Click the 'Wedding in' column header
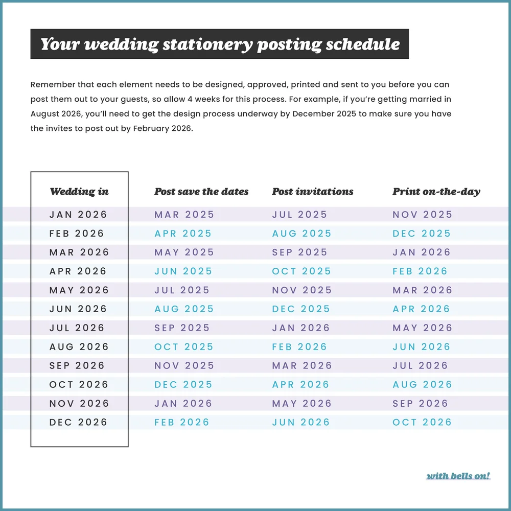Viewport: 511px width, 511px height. click(x=79, y=192)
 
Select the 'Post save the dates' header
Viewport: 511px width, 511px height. click(x=201, y=192)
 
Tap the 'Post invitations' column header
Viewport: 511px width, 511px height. click(x=313, y=192)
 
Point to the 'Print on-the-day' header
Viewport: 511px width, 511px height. click(x=436, y=192)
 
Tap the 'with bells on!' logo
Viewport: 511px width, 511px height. click(x=458, y=476)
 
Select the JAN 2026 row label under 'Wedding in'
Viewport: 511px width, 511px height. click(x=79, y=215)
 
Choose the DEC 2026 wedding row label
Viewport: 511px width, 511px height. click(x=79, y=423)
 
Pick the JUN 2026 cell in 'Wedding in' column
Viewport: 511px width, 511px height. click(x=79, y=309)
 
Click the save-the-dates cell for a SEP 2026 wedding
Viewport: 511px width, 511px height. click(x=184, y=366)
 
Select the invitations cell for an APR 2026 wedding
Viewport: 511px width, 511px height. click(x=302, y=271)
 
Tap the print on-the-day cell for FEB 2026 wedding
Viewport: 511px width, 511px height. click(x=422, y=234)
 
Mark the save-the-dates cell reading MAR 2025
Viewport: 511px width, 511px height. click(x=184, y=215)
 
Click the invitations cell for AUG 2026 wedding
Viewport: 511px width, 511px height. click(x=299, y=347)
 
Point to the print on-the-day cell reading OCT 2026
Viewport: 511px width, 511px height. click(x=422, y=423)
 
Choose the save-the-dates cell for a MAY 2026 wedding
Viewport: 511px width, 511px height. click(x=182, y=290)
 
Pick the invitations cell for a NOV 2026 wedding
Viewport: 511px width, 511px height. click(x=302, y=404)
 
